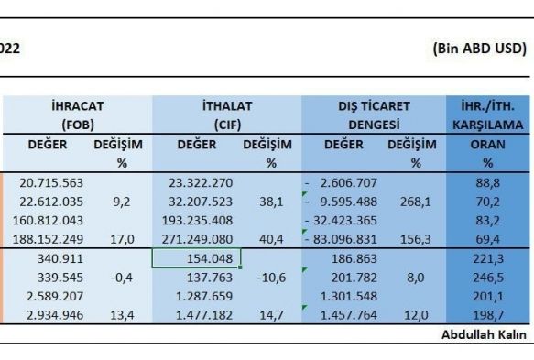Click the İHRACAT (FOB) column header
(78, 115)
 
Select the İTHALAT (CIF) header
(227, 115)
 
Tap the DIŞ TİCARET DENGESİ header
(374, 115)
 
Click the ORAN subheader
(487, 145)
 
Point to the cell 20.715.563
(51, 183)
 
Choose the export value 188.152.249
(48, 239)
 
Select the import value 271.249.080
(197, 239)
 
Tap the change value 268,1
(416, 202)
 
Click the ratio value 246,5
(487, 278)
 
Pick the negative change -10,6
(271, 278)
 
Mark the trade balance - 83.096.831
(341, 239)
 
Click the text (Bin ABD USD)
(480, 49)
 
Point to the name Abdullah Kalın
(484, 334)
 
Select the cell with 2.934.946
(55, 315)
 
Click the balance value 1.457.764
(349, 315)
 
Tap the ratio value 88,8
(487, 183)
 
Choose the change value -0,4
(122, 278)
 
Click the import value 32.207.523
(201, 202)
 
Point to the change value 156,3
(416, 239)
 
